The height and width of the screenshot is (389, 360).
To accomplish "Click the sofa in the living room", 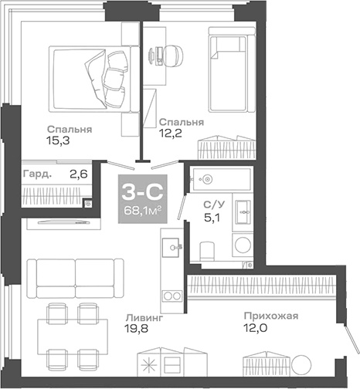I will [x=74, y=274].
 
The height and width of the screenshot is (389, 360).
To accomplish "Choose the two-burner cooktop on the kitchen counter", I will [x=170, y=297].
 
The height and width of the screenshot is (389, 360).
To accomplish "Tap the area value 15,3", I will [x=59, y=140].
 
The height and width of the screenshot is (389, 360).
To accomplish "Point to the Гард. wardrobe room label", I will [x=38, y=174].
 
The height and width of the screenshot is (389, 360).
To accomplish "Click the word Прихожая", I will [x=270, y=316].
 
